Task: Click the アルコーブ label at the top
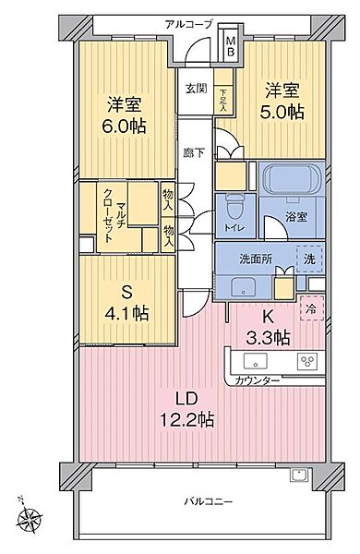(189, 24)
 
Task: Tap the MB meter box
(231, 46)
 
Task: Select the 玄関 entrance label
(196, 89)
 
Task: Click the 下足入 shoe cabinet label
(223, 100)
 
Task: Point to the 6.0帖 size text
(125, 126)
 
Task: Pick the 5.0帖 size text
(282, 112)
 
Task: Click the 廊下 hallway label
(194, 152)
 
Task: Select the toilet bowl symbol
(234, 208)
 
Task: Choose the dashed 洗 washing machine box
(310, 259)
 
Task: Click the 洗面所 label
(256, 259)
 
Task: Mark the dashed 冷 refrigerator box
(312, 309)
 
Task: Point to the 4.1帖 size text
(126, 313)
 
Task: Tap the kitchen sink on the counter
(255, 361)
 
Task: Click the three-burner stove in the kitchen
(307, 361)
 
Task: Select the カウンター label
(258, 380)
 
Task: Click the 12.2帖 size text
(187, 420)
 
